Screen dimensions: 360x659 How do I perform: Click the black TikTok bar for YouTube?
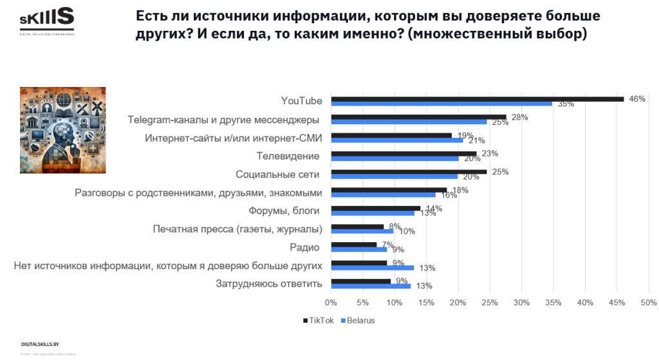coord(477,99)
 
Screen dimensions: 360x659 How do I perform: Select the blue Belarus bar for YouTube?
coord(441,104)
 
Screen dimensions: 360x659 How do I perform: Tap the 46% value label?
coord(637,99)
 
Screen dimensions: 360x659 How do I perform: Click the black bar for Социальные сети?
coord(409,171)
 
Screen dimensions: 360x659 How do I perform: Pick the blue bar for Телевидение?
coord(394,158)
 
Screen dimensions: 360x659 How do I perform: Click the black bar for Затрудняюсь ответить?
coord(360,281)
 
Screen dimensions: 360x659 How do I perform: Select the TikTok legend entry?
coord(319,320)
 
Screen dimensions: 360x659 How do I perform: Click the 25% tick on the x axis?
coord(490,302)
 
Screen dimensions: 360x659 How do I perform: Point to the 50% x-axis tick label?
coord(648,302)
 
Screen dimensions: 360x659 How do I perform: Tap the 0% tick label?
coord(331,302)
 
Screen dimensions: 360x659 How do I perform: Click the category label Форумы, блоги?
coord(284,211)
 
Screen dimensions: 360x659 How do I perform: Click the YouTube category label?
coord(301,101)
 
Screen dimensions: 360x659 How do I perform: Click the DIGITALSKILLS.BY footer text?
coord(40,345)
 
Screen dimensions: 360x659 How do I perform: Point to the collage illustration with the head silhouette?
coord(63,129)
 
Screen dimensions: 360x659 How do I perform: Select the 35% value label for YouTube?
coord(566,104)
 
